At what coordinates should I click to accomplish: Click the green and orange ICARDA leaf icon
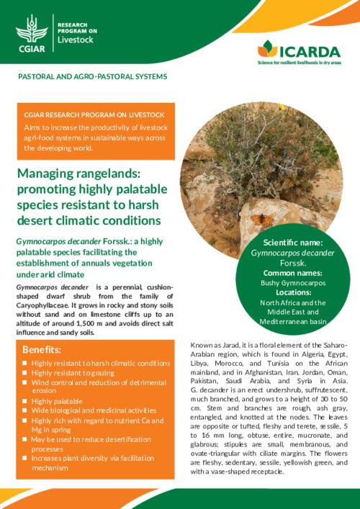point(267,49)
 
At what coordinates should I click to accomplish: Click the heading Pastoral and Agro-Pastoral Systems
point(92,76)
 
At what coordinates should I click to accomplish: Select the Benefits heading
point(41,349)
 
